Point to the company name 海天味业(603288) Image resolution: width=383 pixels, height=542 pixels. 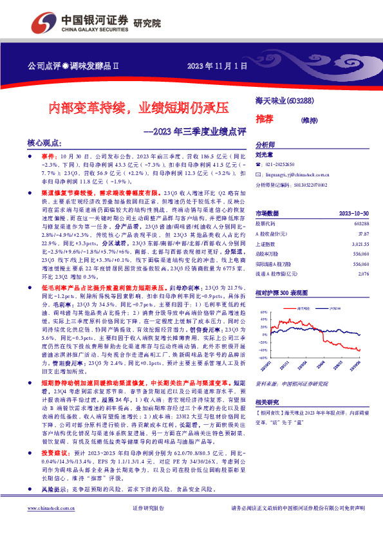click(x=281, y=100)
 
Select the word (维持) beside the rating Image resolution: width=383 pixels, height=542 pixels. click(x=309, y=120)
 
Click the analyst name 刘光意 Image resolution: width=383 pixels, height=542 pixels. click(x=265, y=154)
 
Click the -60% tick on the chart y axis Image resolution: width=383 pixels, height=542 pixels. click(x=262, y=375)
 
